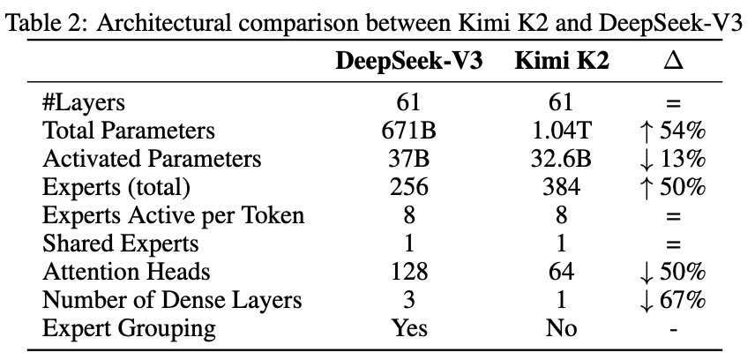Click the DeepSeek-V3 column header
pyautogui.click(x=408, y=63)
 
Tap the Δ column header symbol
pyautogui.click(x=674, y=63)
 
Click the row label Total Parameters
pyautogui.click(x=129, y=131)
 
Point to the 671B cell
pyautogui.click(x=408, y=131)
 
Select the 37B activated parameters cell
pyautogui.click(x=408, y=159)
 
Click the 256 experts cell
pyautogui.click(x=408, y=187)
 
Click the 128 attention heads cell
pyautogui.click(x=408, y=272)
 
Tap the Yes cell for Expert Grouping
pyautogui.click(x=408, y=328)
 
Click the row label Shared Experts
pyautogui.click(x=121, y=244)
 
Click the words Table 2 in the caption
pyautogui.click(x=43, y=22)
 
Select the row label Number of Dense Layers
pyautogui.click(x=172, y=300)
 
